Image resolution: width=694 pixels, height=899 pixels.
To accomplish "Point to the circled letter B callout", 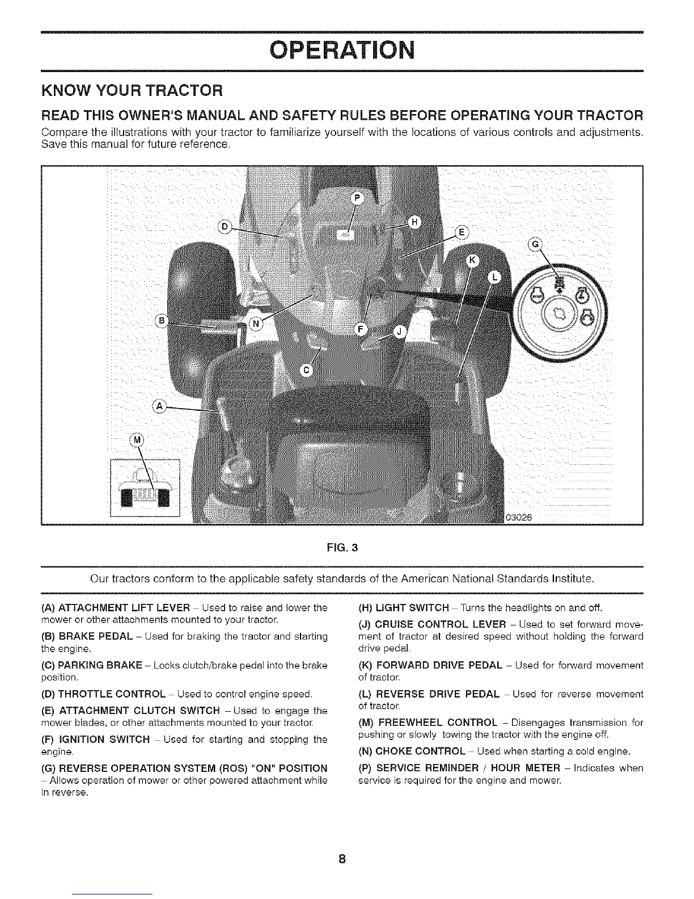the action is tap(162, 321).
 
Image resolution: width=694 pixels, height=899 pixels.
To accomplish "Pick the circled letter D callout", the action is tap(225, 228).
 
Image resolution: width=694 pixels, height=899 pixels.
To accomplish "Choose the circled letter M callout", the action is tap(137, 440).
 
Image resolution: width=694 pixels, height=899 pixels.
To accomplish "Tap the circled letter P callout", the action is tap(357, 198).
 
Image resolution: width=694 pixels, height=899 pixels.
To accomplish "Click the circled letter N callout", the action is tap(256, 324).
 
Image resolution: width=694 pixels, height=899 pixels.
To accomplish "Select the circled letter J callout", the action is tap(399, 331).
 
